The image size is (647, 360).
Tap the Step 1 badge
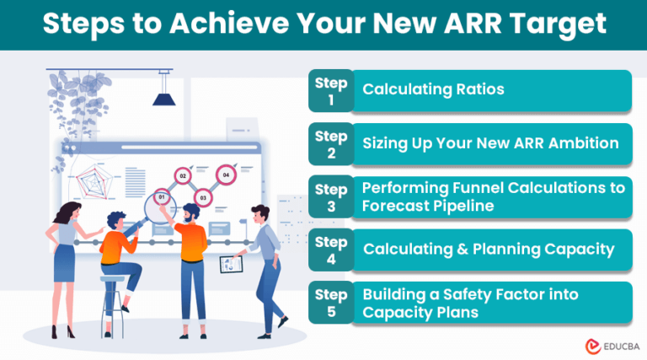331,91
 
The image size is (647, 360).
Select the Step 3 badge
331,197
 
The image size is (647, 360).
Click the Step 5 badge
331,303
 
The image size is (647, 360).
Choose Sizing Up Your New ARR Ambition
490,143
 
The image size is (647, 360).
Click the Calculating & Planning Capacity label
489,250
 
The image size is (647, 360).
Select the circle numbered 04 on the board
226,175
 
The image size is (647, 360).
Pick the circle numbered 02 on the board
182,176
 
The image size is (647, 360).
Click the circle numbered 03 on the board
203,198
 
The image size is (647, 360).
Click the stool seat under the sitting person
112,278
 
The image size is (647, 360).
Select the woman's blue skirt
65,263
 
